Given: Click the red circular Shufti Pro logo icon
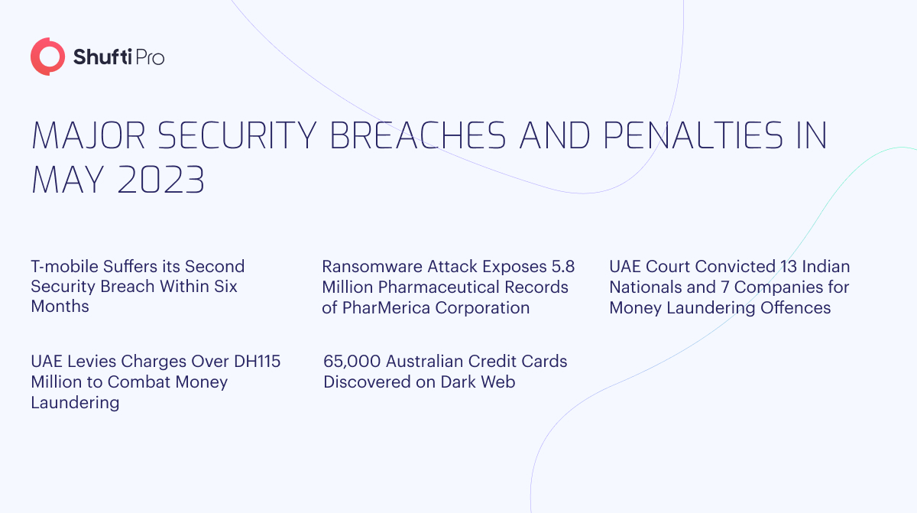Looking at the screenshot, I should [47, 57].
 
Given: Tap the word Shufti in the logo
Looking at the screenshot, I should [99, 57].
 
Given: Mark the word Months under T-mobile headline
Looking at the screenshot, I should [60, 307].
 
